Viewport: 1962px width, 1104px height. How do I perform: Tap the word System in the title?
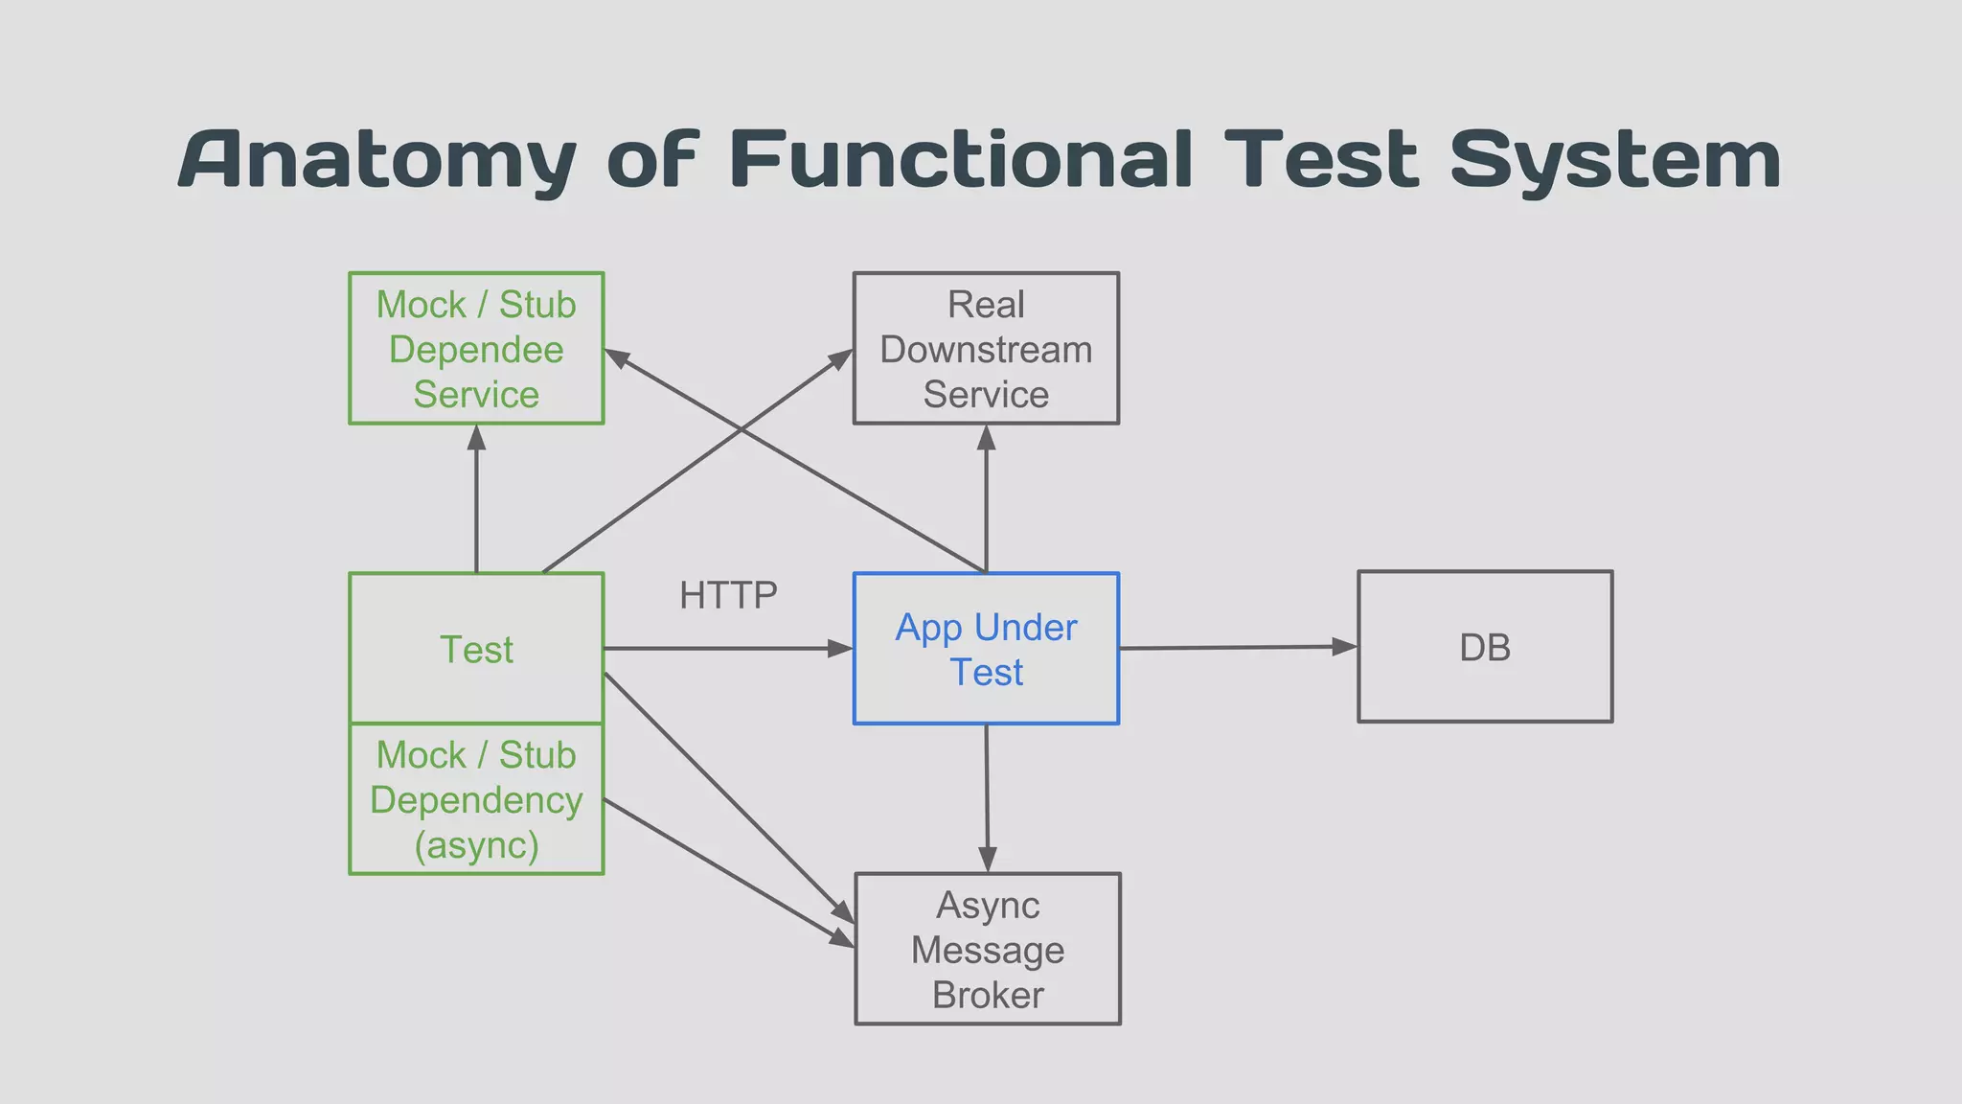(1615, 161)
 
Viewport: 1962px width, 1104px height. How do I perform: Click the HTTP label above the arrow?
(728, 595)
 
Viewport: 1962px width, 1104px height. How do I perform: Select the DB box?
(1485, 647)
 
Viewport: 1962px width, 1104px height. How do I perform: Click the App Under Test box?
(986, 649)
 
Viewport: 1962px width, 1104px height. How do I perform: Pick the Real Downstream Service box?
(986, 348)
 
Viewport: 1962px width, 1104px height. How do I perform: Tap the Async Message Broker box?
(988, 949)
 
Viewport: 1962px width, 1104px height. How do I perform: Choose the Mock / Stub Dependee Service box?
(476, 348)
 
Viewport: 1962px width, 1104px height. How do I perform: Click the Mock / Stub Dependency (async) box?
(476, 798)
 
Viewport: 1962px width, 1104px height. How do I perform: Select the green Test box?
(476, 649)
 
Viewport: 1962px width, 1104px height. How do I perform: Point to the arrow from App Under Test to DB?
(1236, 648)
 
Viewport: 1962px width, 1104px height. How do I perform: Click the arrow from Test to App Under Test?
(728, 649)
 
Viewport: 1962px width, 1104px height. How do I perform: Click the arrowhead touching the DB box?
(1345, 647)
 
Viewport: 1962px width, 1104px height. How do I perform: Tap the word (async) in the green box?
(476, 845)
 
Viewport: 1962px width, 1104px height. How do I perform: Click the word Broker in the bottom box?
(988, 995)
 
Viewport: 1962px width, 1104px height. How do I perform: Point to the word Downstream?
(986, 350)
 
